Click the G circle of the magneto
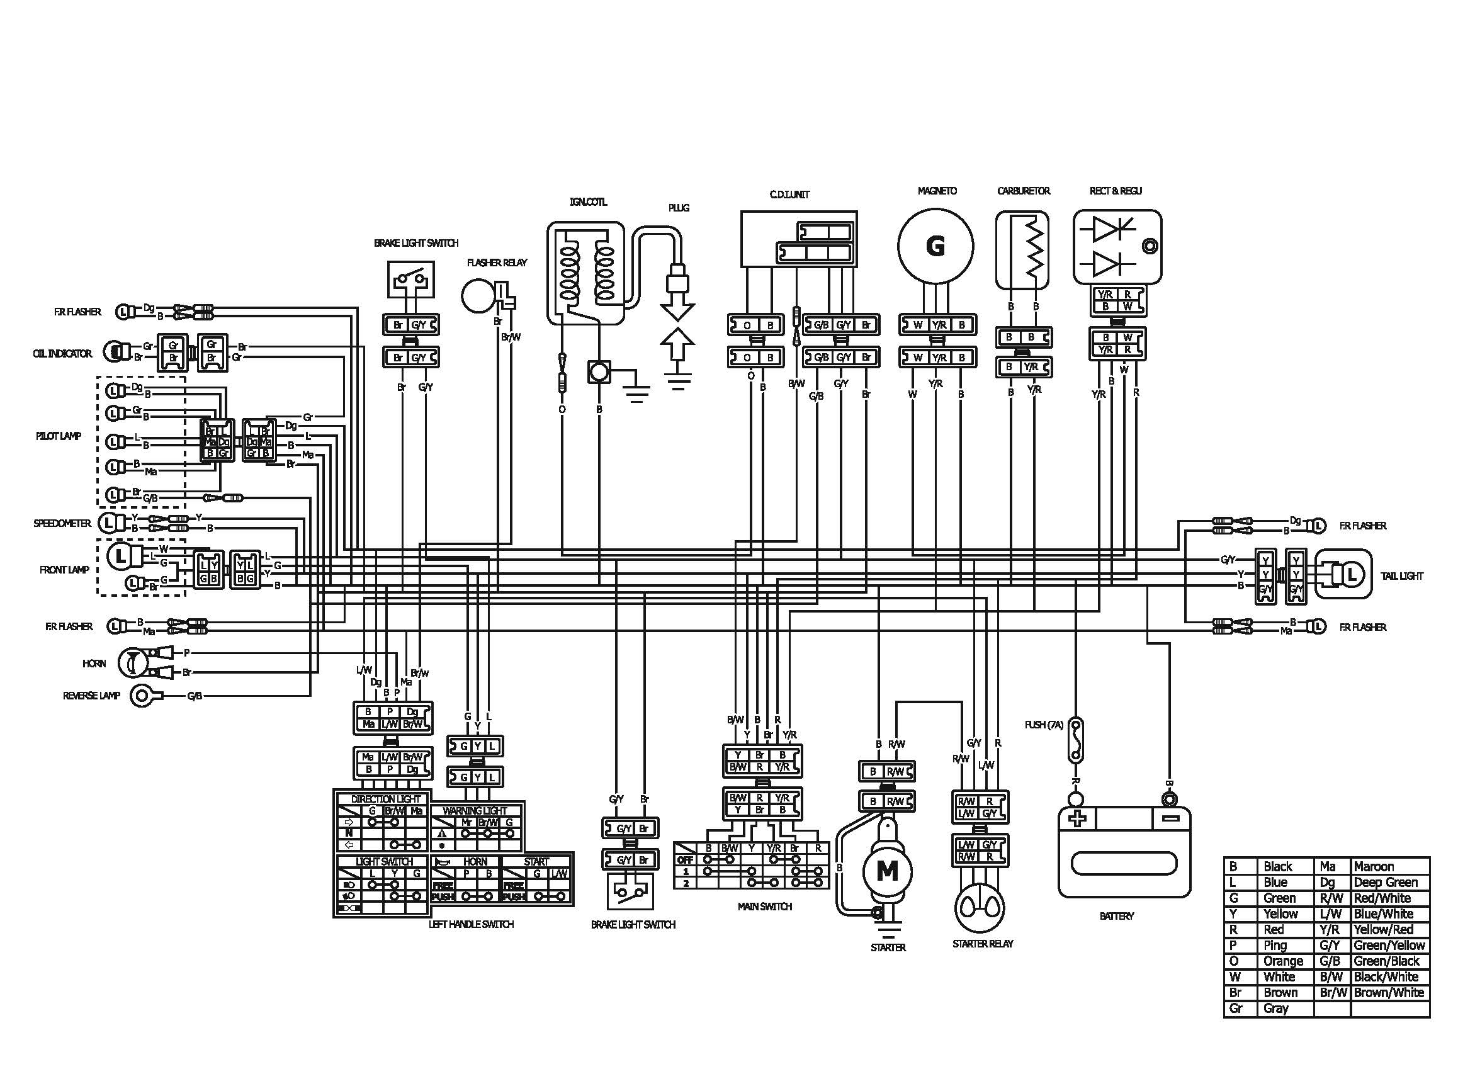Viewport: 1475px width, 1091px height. coord(935,246)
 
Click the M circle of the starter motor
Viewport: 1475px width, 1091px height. coord(887,871)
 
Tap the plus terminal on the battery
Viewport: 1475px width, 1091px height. coord(1077,819)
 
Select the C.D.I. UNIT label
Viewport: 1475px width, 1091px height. coord(789,195)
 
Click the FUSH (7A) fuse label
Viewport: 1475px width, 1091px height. coord(1044,725)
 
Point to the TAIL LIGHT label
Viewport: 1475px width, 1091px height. coord(1402,576)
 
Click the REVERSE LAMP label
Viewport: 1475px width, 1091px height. coord(91,696)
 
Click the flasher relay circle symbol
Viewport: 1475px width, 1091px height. coord(478,295)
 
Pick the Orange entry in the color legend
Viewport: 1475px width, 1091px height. coord(1283,961)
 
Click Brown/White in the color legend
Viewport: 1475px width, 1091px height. coord(1389,993)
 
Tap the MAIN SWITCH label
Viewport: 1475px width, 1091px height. coord(765,907)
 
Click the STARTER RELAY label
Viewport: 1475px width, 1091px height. coord(983,944)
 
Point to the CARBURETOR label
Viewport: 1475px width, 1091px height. coord(1024,191)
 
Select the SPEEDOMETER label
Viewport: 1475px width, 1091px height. coord(62,523)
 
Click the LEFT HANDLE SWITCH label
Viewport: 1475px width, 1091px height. coord(471,924)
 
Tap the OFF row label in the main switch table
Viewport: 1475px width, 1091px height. coord(686,860)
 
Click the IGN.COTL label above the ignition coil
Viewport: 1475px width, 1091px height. coord(587,201)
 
